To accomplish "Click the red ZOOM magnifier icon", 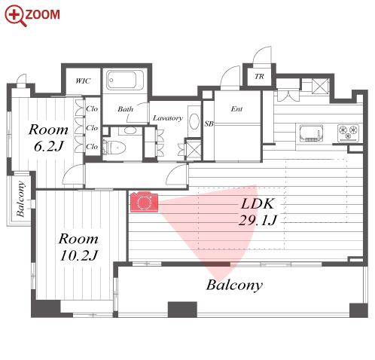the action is (15, 16).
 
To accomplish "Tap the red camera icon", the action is (144, 202).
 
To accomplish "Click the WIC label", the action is (83, 81).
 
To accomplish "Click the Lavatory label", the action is (168, 118).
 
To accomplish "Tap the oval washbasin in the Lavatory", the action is (194, 121).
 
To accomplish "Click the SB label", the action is (209, 124).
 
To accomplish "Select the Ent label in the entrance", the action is (236, 109).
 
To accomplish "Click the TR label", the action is (259, 76).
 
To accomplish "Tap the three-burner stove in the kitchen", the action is (348, 133).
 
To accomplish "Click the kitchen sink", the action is (311, 133).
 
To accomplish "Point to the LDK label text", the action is (258, 203).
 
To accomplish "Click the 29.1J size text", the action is (258, 220).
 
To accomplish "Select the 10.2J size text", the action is (79, 255).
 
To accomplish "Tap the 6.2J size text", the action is (49, 146).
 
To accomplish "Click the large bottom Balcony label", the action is (234, 285).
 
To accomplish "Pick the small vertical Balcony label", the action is (21, 199).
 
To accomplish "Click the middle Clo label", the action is (92, 128).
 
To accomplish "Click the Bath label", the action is (125, 109).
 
